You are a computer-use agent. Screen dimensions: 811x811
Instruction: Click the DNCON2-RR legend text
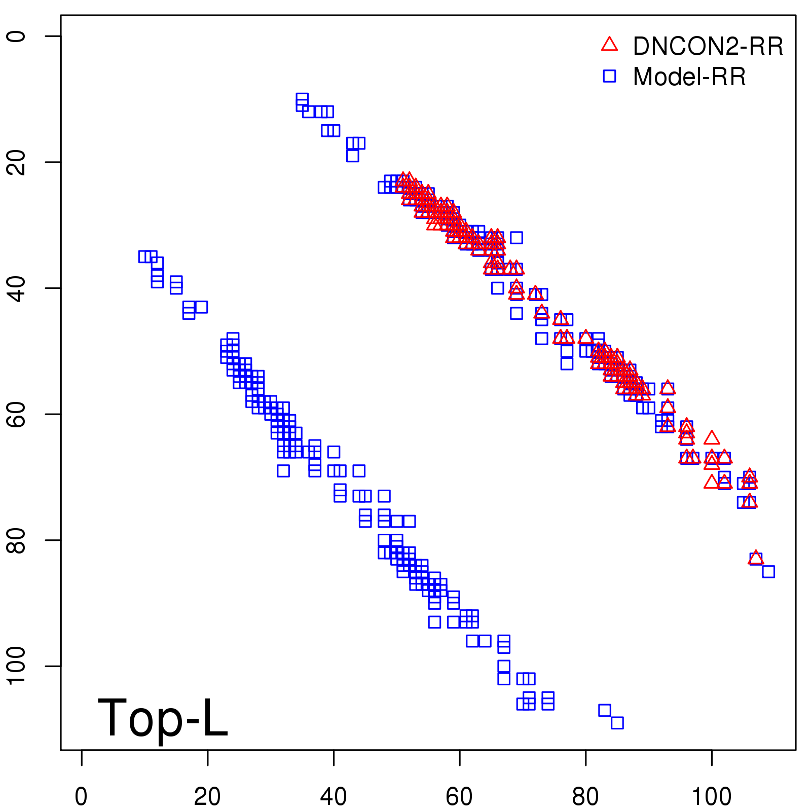tap(708, 47)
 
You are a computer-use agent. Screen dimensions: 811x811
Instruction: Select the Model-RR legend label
tap(689, 77)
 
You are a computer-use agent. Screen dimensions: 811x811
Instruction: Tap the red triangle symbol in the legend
tap(609, 45)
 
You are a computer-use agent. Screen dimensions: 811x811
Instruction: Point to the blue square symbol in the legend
tap(609, 76)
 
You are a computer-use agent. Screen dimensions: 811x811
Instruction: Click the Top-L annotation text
tap(163, 718)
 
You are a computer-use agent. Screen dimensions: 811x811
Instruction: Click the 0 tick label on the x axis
tap(81, 797)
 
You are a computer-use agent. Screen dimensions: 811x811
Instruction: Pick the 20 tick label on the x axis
tap(207, 797)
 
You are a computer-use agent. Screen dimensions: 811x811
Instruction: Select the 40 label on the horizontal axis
tap(334, 797)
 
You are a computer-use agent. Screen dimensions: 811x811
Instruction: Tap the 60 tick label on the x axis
tap(459, 797)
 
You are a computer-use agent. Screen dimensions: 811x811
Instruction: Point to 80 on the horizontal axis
tap(585, 797)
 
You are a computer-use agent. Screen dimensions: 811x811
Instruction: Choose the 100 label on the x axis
tap(711, 797)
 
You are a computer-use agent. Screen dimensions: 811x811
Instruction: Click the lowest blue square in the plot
tap(617, 723)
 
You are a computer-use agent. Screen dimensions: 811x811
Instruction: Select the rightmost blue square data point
tap(768, 572)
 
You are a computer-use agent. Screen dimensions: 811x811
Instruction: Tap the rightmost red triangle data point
tap(756, 558)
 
